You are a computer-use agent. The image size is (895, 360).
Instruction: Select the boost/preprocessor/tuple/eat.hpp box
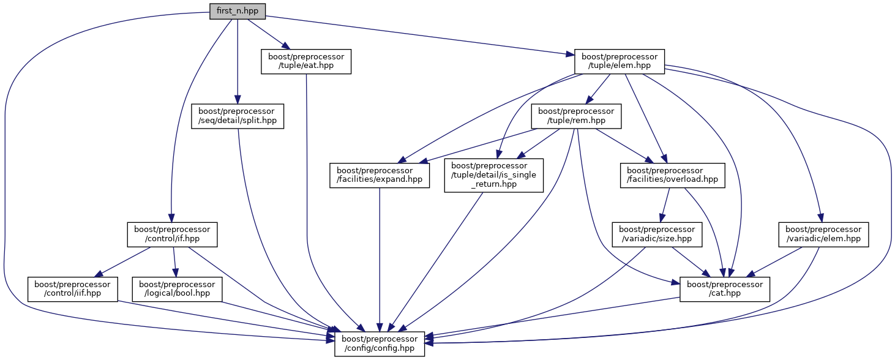tap(306, 61)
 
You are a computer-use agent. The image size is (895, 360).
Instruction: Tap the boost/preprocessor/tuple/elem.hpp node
tap(620, 61)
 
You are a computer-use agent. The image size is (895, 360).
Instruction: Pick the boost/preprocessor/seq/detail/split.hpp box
tap(237, 116)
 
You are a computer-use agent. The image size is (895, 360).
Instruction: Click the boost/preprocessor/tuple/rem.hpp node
tap(576, 116)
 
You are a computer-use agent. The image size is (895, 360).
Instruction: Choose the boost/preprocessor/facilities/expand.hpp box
tap(380, 175)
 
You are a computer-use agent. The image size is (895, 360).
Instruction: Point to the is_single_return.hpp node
tap(493, 175)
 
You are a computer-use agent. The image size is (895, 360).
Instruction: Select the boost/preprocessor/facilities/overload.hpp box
tap(672, 175)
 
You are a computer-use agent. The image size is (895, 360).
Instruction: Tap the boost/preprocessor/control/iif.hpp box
tap(73, 289)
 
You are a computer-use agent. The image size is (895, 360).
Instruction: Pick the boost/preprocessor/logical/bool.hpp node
tap(178, 289)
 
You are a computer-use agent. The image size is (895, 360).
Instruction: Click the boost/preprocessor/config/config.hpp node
tap(379, 343)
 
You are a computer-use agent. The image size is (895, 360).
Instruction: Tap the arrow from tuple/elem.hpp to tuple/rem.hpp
tap(597, 89)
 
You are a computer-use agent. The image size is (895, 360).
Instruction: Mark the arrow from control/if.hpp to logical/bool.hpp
tap(174, 262)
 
